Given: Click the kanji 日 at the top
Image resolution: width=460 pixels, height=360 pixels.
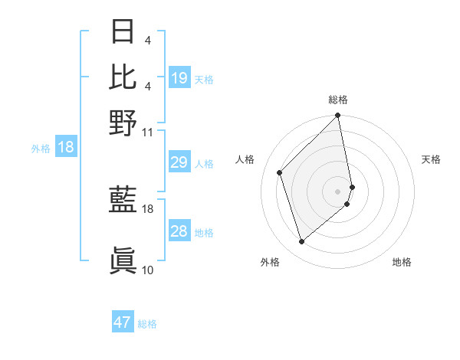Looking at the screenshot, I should click(x=123, y=31).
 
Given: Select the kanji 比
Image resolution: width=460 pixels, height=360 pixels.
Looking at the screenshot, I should click(x=123, y=77).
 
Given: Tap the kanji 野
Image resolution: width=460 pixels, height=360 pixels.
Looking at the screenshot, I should click(x=123, y=122).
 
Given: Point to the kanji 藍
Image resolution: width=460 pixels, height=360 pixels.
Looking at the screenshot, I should click(x=123, y=201).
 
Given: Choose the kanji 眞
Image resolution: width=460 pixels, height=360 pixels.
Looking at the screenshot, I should click(x=123, y=261).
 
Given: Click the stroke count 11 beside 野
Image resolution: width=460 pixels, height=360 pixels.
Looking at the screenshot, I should click(x=148, y=132).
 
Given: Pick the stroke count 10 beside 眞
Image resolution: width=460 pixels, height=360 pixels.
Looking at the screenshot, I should click(x=148, y=270).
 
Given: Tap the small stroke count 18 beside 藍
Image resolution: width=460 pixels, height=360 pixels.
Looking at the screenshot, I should click(x=148, y=208).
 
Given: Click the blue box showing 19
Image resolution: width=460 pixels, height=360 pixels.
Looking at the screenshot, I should click(x=179, y=77).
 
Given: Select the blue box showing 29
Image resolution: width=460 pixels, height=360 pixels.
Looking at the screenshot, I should click(x=179, y=162).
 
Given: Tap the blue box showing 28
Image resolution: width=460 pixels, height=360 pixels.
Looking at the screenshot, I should click(x=179, y=231).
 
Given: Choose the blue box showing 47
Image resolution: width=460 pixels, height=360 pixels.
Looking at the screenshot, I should click(x=123, y=322).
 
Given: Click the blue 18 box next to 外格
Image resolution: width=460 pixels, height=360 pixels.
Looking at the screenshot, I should click(x=66, y=147).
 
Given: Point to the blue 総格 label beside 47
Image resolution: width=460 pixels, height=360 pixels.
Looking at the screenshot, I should click(x=147, y=324).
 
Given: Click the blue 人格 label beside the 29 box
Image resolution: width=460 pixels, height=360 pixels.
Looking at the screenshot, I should click(x=204, y=164).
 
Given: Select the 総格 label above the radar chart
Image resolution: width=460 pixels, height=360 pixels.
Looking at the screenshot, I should click(x=338, y=100).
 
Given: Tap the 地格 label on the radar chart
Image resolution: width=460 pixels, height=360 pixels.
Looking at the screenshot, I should click(x=402, y=263).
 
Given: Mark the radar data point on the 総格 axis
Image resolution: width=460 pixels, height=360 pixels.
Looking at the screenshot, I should click(x=338, y=116).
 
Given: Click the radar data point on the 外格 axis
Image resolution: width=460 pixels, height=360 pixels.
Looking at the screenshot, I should click(x=301, y=242).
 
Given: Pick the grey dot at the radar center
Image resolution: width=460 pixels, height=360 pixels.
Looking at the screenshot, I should click(x=338, y=191).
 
